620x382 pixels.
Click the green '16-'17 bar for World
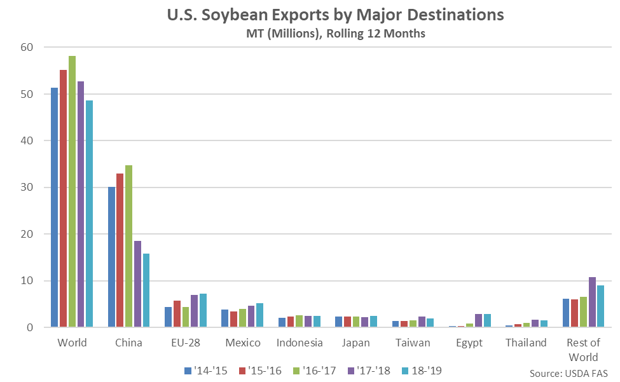[x=72, y=191]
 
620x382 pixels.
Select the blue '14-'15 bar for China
[x=111, y=257]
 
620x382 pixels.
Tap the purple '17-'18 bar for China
[x=137, y=284]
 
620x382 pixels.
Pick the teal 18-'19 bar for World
[x=90, y=214]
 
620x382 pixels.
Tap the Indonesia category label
[x=300, y=343]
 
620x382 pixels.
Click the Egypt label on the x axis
[x=469, y=343]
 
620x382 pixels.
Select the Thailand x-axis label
[x=526, y=343]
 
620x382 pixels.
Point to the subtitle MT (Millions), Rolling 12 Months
[x=310, y=34]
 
